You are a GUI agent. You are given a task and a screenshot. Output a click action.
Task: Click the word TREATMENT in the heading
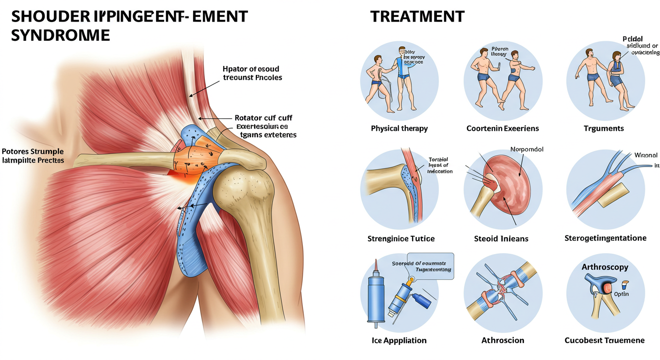tap(417, 16)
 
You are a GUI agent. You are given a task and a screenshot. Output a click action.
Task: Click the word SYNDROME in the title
tap(60, 35)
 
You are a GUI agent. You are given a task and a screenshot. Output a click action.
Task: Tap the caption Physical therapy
tap(399, 128)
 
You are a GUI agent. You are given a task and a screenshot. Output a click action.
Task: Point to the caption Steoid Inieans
tap(501, 239)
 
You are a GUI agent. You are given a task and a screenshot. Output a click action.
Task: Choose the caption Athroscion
tap(502, 340)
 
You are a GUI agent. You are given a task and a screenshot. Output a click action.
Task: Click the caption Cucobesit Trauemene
tap(605, 340)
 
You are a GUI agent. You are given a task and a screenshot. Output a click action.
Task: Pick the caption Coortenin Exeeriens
tap(502, 128)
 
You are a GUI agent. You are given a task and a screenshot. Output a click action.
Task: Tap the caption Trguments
tap(605, 128)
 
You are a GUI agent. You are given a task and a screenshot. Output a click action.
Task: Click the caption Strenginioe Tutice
tap(401, 239)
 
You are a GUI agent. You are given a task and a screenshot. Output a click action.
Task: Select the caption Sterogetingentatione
tap(605, 238)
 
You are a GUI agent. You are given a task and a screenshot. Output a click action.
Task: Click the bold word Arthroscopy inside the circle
tap(605, 267)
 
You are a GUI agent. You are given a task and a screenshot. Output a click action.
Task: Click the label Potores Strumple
tap(32, 151)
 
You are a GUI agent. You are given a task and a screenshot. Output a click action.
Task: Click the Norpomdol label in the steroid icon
tap(526, 150)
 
